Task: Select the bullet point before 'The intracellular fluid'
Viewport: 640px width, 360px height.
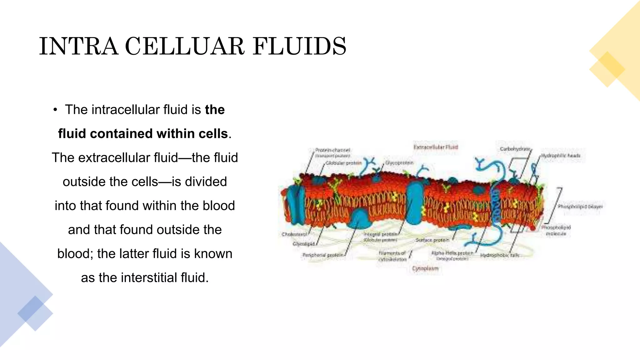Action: (55, 110)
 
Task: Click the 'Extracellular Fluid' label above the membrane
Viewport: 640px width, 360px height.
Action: (436, 147)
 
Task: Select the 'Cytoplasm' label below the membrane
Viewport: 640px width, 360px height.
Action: (425, 268)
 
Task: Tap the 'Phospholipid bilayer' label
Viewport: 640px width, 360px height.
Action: (580, 207)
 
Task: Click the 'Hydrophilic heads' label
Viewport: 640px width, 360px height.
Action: (561, 155)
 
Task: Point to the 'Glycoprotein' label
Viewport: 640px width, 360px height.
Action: (399, 163)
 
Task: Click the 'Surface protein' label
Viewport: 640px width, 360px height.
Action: (432, 240)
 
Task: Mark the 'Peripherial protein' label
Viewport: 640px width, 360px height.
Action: (323, 255)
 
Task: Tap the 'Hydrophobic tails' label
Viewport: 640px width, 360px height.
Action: (499, 255)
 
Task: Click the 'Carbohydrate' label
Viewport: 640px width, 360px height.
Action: (515, 149)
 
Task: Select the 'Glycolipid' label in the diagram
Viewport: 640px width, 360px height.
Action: (303, 244)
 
